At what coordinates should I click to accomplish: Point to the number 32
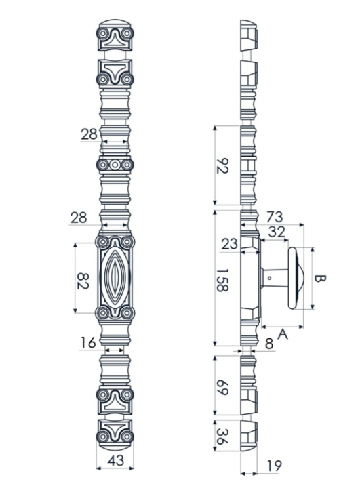276,231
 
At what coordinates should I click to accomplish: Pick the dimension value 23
229,243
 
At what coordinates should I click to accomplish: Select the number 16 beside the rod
88,343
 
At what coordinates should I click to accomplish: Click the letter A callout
283,333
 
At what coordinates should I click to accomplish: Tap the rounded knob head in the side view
296,278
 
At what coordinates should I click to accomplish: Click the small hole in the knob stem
270,277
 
